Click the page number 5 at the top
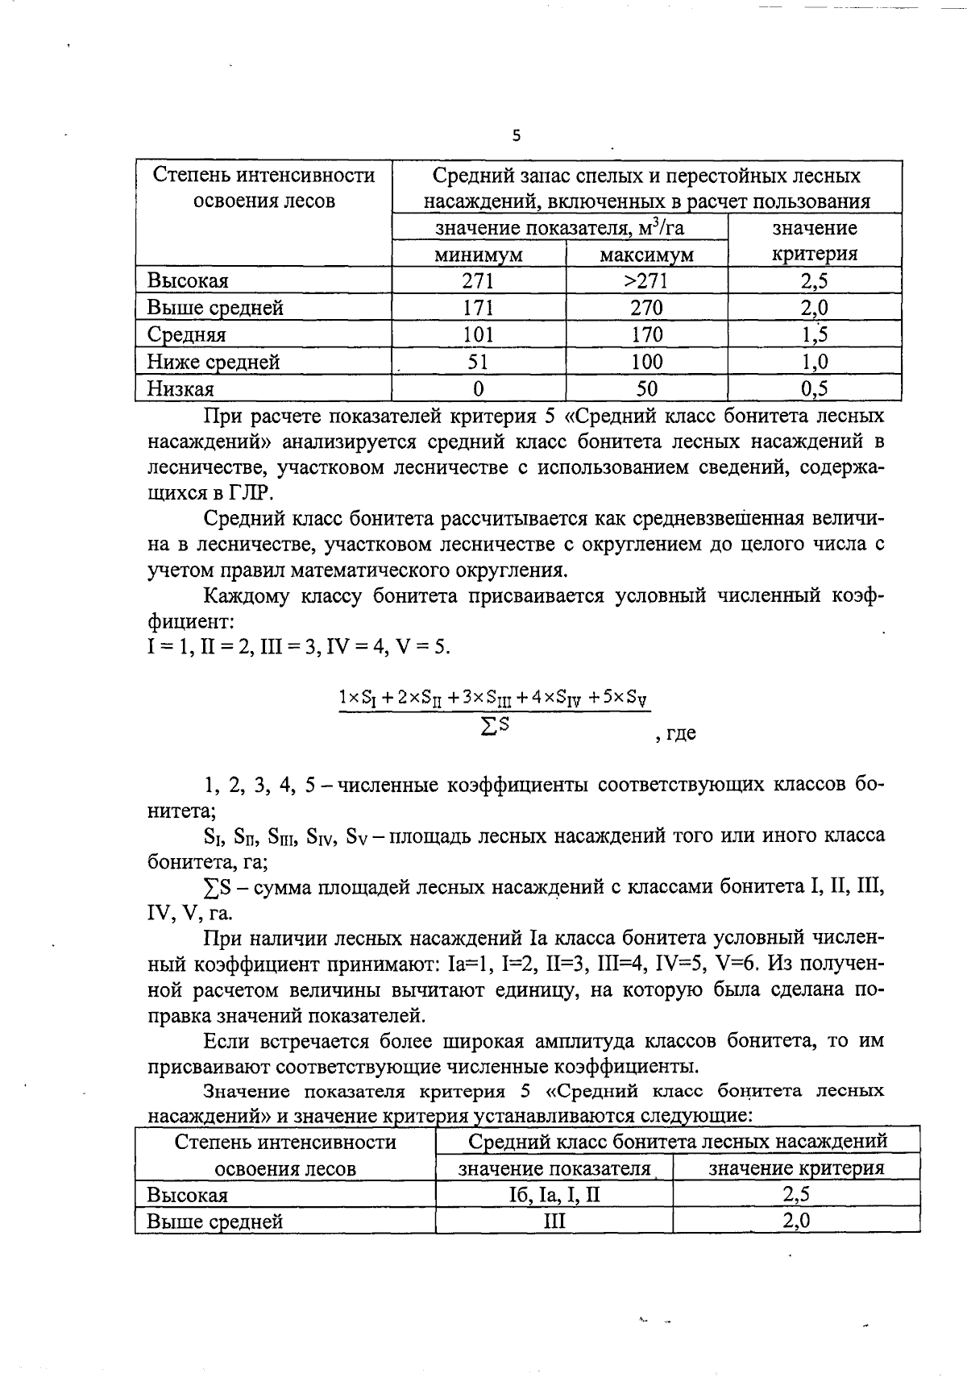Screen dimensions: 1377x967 [517, 136]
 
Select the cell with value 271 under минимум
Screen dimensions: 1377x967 [479, 281]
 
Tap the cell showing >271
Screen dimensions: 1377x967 [646, 281]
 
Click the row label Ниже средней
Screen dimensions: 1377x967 [214, 362]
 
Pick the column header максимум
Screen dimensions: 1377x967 [646, 255]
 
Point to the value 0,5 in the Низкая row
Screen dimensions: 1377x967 [814, 389]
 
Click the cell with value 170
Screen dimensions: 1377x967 [646, 334]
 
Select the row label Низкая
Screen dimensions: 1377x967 [181, 389]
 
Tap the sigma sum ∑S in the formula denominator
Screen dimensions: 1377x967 [495, 726]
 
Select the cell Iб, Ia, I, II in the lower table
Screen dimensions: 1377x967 [554, 1194]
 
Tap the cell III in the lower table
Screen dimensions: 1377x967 [554, 1221]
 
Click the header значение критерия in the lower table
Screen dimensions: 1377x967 [795, 1168]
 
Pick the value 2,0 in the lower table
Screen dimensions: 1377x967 [795, 1221]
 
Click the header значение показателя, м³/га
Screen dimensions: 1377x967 [559, 228]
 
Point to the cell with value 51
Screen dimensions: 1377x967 [479, 362]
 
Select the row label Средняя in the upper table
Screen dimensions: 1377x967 [186, 334]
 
